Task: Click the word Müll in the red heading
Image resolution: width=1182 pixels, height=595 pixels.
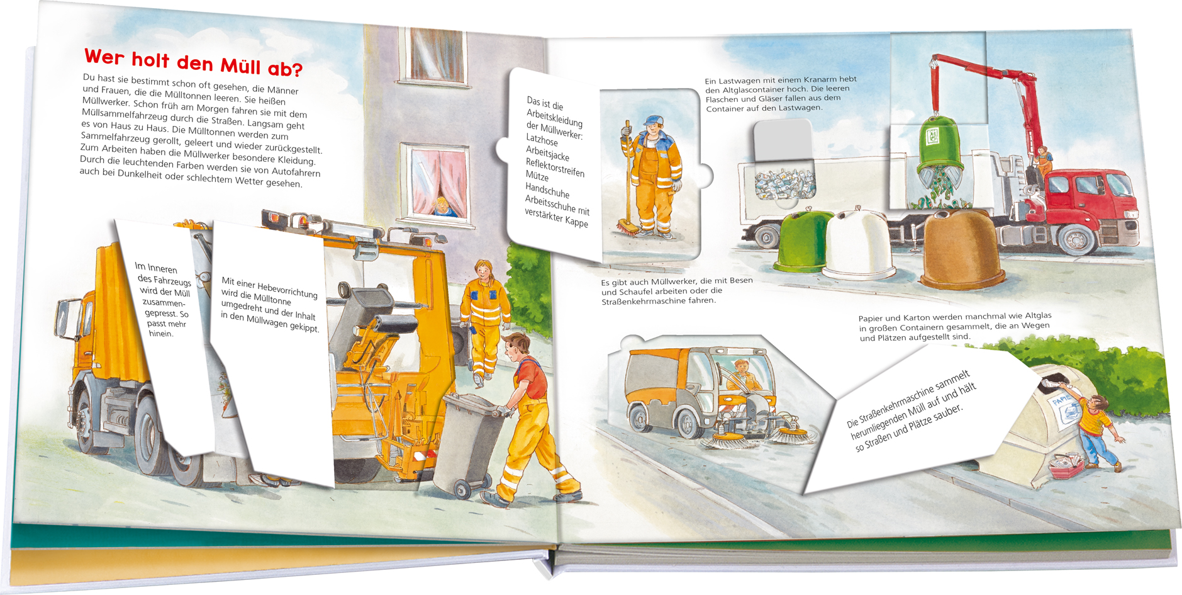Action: (x=240, y=65)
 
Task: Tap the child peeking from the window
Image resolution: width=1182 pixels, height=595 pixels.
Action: (x=443, y=207)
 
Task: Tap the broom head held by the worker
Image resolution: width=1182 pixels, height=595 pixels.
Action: (x=630, y=227)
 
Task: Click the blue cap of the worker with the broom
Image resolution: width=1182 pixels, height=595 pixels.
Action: (x=654, y=120)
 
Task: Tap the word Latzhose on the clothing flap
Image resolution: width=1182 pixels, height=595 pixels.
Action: (x=542, y=140)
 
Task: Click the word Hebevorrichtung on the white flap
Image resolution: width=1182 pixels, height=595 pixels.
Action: (x=287, y=290)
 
